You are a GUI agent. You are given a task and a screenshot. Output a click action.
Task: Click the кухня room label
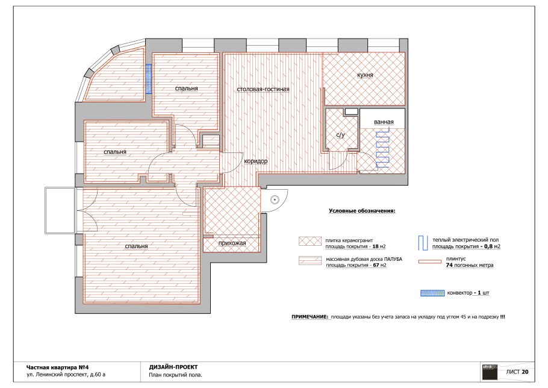click(365, 75)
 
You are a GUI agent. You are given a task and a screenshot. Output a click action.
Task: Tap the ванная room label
click(384, 122)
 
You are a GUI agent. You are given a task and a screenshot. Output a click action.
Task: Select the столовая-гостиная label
click(263, 89)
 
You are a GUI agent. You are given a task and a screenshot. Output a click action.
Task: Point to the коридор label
click(255, 161)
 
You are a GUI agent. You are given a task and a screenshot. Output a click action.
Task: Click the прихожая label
click(232, 243)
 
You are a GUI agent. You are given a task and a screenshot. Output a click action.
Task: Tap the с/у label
click(340, 135)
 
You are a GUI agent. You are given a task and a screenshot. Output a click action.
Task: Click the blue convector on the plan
click(149, 79)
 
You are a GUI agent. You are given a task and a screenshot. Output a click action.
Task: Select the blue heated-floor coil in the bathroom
click(382, 149)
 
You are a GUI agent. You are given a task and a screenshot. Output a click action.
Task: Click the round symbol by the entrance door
click(275, 200)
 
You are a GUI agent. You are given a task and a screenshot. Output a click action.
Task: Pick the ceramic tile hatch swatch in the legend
click(310, 241)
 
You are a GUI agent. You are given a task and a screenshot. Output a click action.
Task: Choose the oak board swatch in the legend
click(310, 260)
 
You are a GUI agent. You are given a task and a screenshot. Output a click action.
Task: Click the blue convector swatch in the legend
click(432, 293)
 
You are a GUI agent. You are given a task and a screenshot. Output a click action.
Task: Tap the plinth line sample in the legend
click(430, 261)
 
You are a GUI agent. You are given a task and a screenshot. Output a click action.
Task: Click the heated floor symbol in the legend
click(423, 243)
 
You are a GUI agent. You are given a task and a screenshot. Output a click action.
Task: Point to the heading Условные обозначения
click(362, 211)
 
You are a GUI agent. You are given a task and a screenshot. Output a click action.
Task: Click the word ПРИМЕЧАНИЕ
click(310, 317)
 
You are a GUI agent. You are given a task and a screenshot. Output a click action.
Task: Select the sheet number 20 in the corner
click(525, 372)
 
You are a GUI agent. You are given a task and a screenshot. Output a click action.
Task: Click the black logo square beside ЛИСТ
click(490, 372)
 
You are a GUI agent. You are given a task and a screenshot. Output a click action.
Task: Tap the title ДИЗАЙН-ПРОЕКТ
click(173, 367)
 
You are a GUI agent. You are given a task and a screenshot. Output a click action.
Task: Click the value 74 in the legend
click(449, 265)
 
